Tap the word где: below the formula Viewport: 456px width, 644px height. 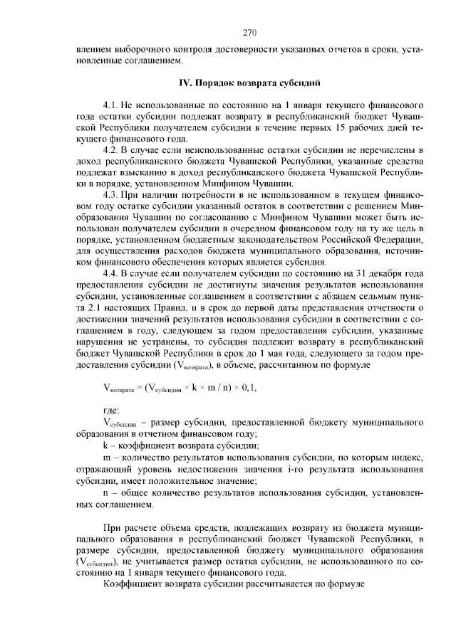click(x=111, y=411)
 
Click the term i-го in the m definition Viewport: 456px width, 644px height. click(x=276, y=469)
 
